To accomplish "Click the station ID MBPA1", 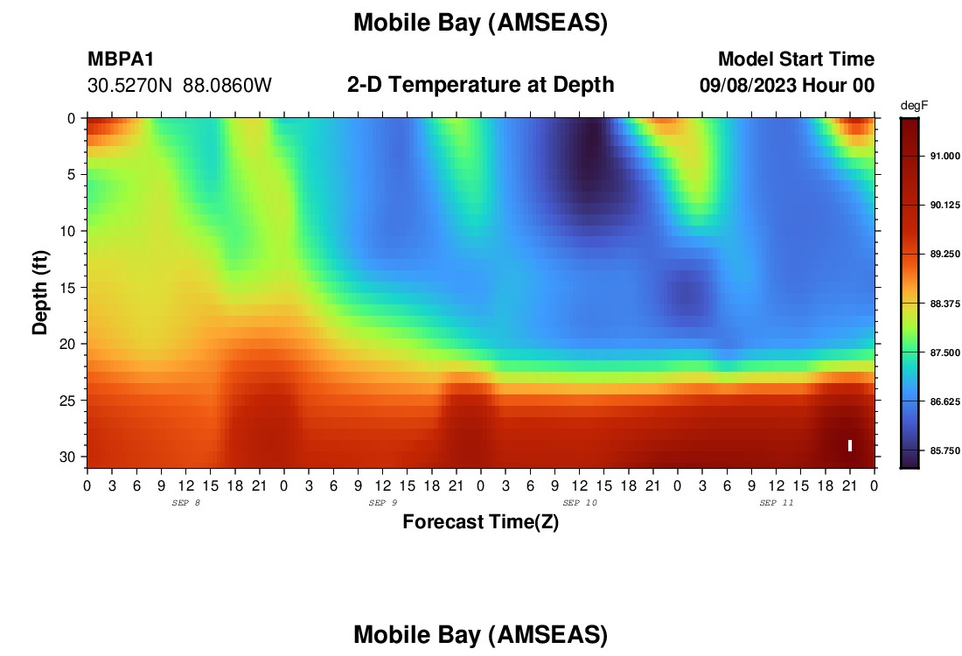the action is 121,59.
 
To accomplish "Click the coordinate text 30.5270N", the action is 129,86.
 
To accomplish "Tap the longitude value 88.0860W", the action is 227,86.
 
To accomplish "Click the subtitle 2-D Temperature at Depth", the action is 480,85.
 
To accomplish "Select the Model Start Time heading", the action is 797,59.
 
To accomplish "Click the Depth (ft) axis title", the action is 40,293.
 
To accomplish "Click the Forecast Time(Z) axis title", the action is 480,521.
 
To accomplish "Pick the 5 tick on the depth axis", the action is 71,174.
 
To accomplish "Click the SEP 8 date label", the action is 186,503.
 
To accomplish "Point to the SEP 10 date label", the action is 580,503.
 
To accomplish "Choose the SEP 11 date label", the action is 777,503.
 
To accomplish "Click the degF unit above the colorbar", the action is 914,106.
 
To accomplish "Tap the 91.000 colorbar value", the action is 945,156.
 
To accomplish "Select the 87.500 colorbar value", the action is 945,352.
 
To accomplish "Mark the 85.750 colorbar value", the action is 945,450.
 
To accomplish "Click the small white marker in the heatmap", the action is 850,445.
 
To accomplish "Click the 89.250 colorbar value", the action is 945,254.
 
